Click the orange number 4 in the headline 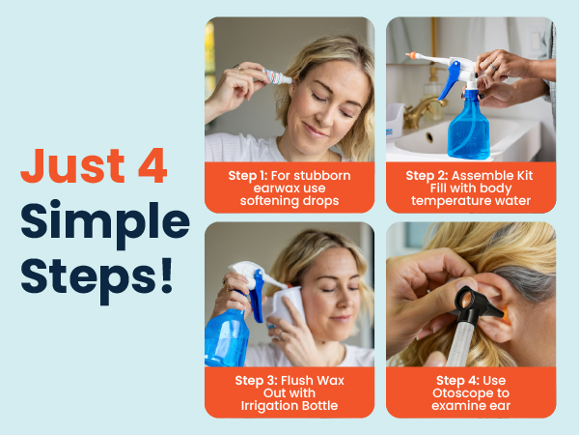[152, 165]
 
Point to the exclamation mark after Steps [167, 275]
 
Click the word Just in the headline [72, 165]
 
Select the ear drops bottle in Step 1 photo [277, 76]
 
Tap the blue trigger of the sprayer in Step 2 [449, 80]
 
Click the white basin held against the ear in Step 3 [287, 306]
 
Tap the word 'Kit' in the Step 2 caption [525, 175]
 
